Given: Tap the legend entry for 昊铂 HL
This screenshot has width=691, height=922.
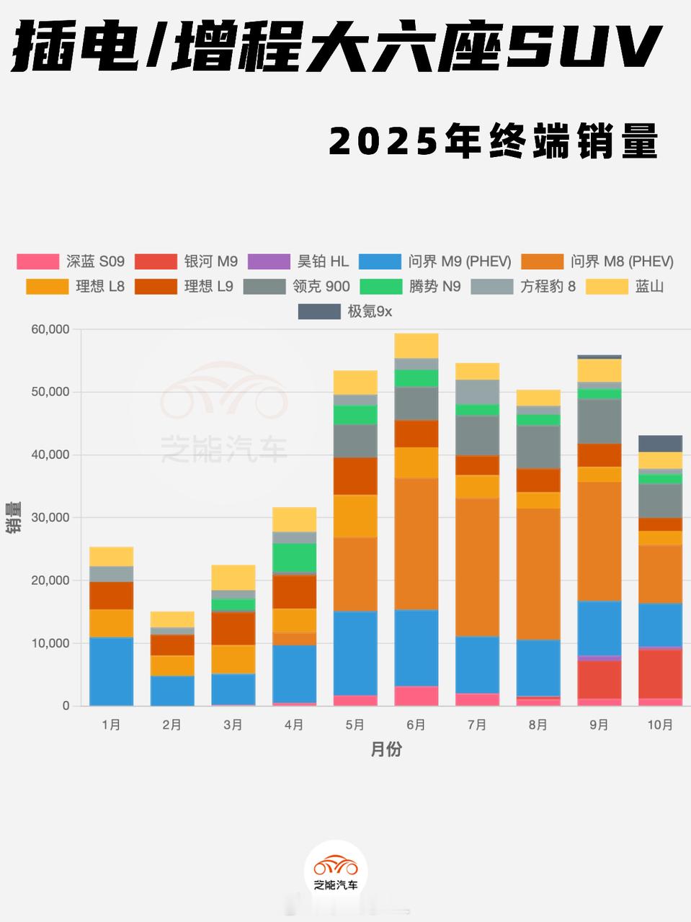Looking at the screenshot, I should pyautogui.click(x=298, y=261).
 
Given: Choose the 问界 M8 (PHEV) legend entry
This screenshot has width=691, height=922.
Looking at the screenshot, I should pyautogui.click(x=597, y=261).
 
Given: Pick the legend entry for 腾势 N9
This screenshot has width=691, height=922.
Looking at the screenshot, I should pyautogui.click(x=410, y=287).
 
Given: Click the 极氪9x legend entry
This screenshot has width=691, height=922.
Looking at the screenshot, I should pyautogui.click(x=345, y=311).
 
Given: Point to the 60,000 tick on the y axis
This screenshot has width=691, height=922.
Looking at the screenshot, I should pyautogui.click(x=50, y=329).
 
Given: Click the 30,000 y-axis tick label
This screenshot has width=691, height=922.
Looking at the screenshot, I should pyautogui.click(x=50, y=517).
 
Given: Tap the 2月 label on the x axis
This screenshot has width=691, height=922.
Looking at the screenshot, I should pyautogui.click(x=172, y=725).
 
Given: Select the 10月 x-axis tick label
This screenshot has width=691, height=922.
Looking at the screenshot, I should pyautogui.click(x=660, y=725).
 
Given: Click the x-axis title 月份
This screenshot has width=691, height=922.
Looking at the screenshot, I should pyautogui.click(x=386, y=750).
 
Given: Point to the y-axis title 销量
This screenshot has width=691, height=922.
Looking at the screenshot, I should pyautogui.click(x=14, y=517).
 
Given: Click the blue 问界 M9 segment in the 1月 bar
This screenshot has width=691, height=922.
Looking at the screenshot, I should pyautogui.click(x=111, y=671).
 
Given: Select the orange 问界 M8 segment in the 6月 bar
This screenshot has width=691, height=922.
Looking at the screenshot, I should pyautogui.click(x=416, y=544).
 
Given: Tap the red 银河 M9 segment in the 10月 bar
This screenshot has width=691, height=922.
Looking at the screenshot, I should pyautogui.click(x=660, y=673).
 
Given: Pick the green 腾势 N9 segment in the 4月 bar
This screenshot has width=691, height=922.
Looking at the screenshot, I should pyautogui.click(x=294, y=558).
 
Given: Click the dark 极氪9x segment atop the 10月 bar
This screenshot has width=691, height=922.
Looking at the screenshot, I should pyautogui.click(x=660, y=443).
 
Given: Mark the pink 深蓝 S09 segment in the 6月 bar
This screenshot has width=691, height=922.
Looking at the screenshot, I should pyautogui.click(x=416, y=696).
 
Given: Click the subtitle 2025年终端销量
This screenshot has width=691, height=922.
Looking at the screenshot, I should pyautogui.click(x=494, y=141).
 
